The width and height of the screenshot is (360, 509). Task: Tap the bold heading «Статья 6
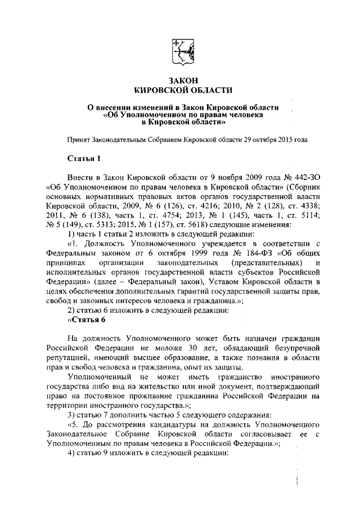click(86, 320)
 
